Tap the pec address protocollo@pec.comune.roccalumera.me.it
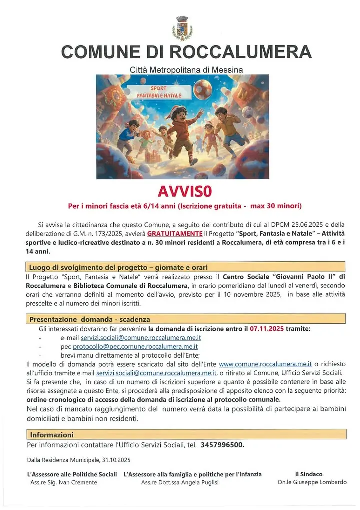coord(135,346)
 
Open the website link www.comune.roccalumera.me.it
coord(265,364)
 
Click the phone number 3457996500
coord(222,445)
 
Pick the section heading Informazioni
coord(51,435)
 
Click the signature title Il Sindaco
coord(309,474)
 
